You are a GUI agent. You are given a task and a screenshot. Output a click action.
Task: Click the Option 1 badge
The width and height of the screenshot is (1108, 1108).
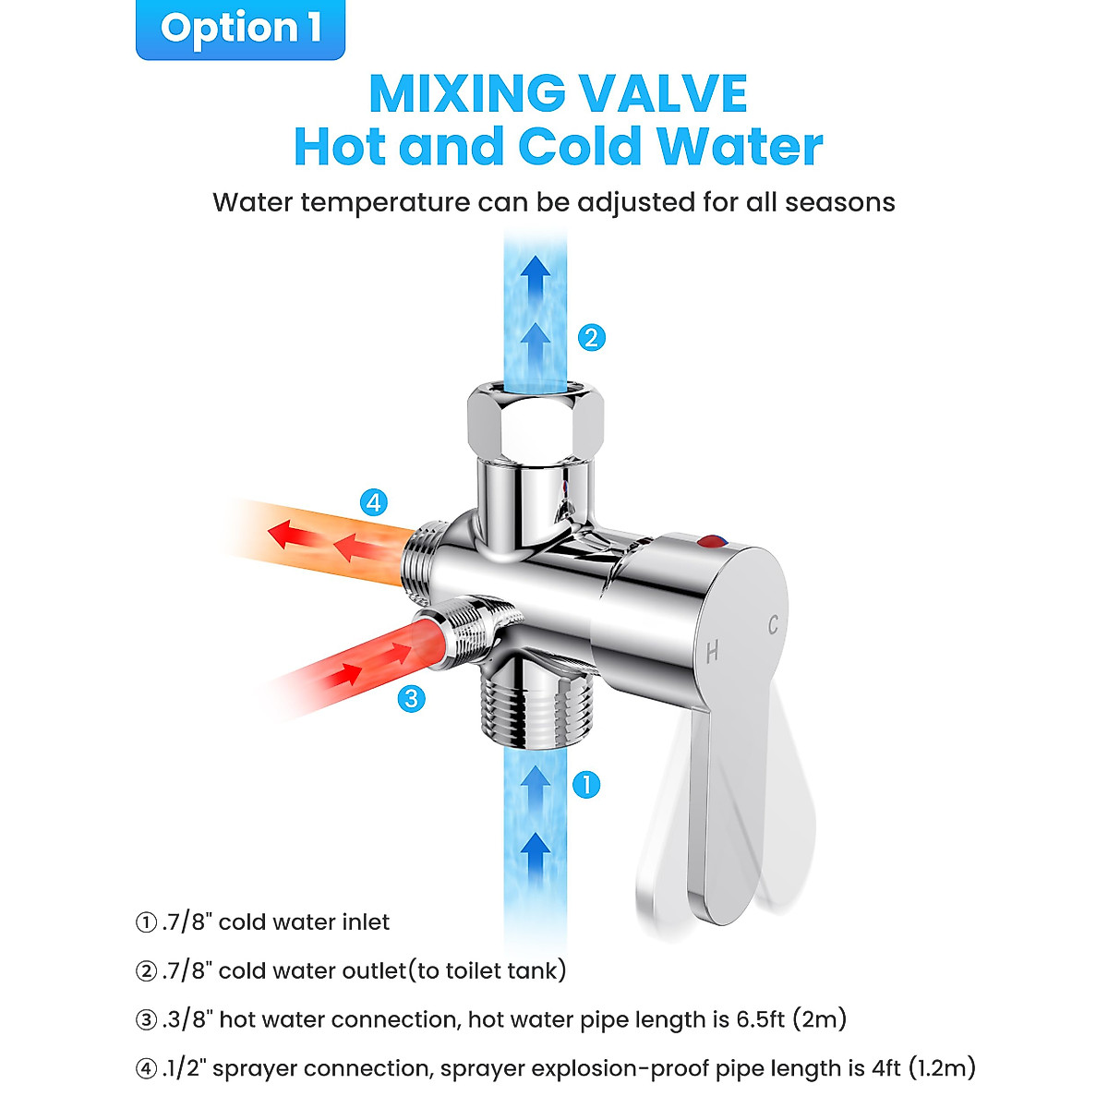pyautogui.click(x=241, y=29)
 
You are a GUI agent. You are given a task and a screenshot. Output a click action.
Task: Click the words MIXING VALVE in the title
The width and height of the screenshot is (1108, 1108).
pyautogui.click(x=558, y=92)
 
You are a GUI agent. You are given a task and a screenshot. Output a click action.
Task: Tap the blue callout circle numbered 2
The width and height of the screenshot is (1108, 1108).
pyautogui.click(x=591, y=337)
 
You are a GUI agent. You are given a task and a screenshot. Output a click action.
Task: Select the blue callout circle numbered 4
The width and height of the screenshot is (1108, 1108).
pyautogui.click(x=373, y=502)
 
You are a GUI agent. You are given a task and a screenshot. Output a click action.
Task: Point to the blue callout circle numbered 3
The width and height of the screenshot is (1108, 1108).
pyautogui.click(x=412, y=698)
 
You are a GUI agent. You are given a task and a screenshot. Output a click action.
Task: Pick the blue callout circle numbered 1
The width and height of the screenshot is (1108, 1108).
pyautogui.click(x=586, y=785)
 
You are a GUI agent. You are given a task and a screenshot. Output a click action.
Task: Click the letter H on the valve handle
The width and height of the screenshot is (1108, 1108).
pyautogui.click(x=712, y=652)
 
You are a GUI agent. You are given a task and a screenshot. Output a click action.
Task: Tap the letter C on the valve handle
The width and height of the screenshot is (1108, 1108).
pyautogui.click(x=773, y=624)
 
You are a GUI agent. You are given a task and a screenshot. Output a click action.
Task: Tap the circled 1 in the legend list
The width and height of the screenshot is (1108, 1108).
pyautogui.click(x=146, y=922)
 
